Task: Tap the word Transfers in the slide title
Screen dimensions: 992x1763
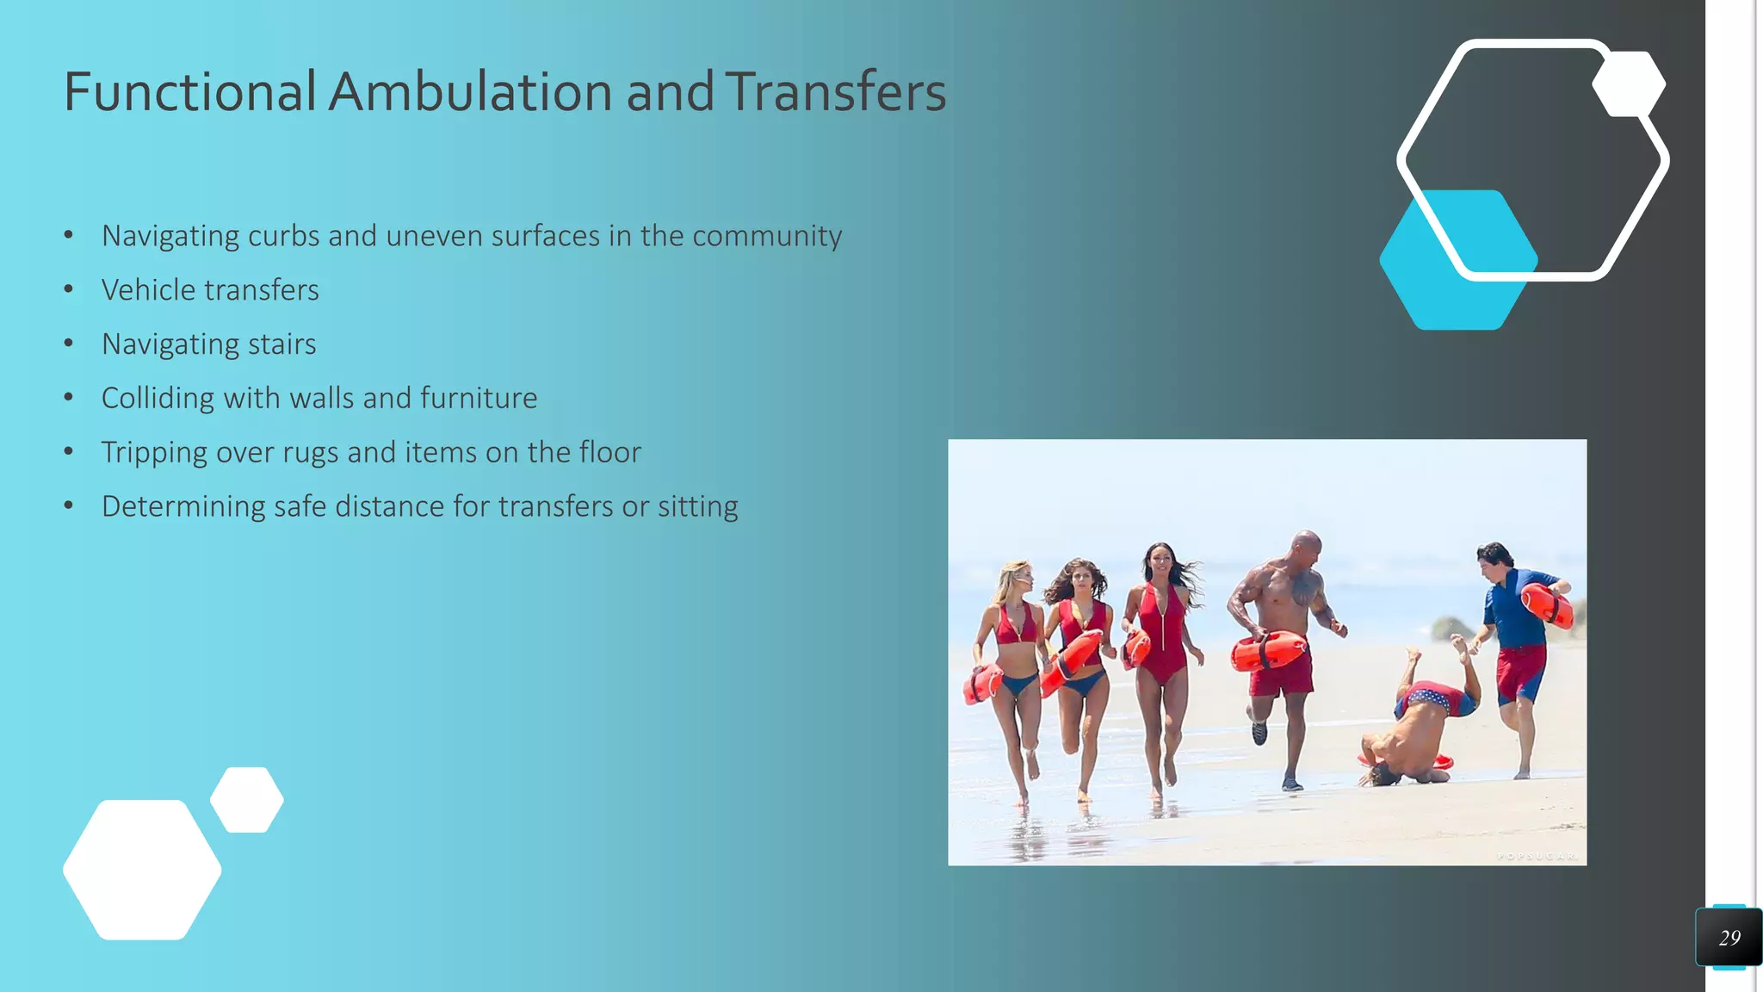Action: [x=835, y=91]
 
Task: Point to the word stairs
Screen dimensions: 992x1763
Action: [x=281, y=344]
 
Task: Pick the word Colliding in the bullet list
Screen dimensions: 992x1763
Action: [x=158, y=399]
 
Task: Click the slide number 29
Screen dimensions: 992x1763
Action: [x=1729, y=938]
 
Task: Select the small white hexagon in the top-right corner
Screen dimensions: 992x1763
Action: [x=1629, y=84]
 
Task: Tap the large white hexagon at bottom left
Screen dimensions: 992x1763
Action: [x=142, y=870]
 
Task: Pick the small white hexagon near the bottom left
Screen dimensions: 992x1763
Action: [x=247, y=800]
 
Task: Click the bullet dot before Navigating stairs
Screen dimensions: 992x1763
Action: [x=69, y=344]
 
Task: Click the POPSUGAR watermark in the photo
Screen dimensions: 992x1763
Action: [x=1537, y=856]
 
